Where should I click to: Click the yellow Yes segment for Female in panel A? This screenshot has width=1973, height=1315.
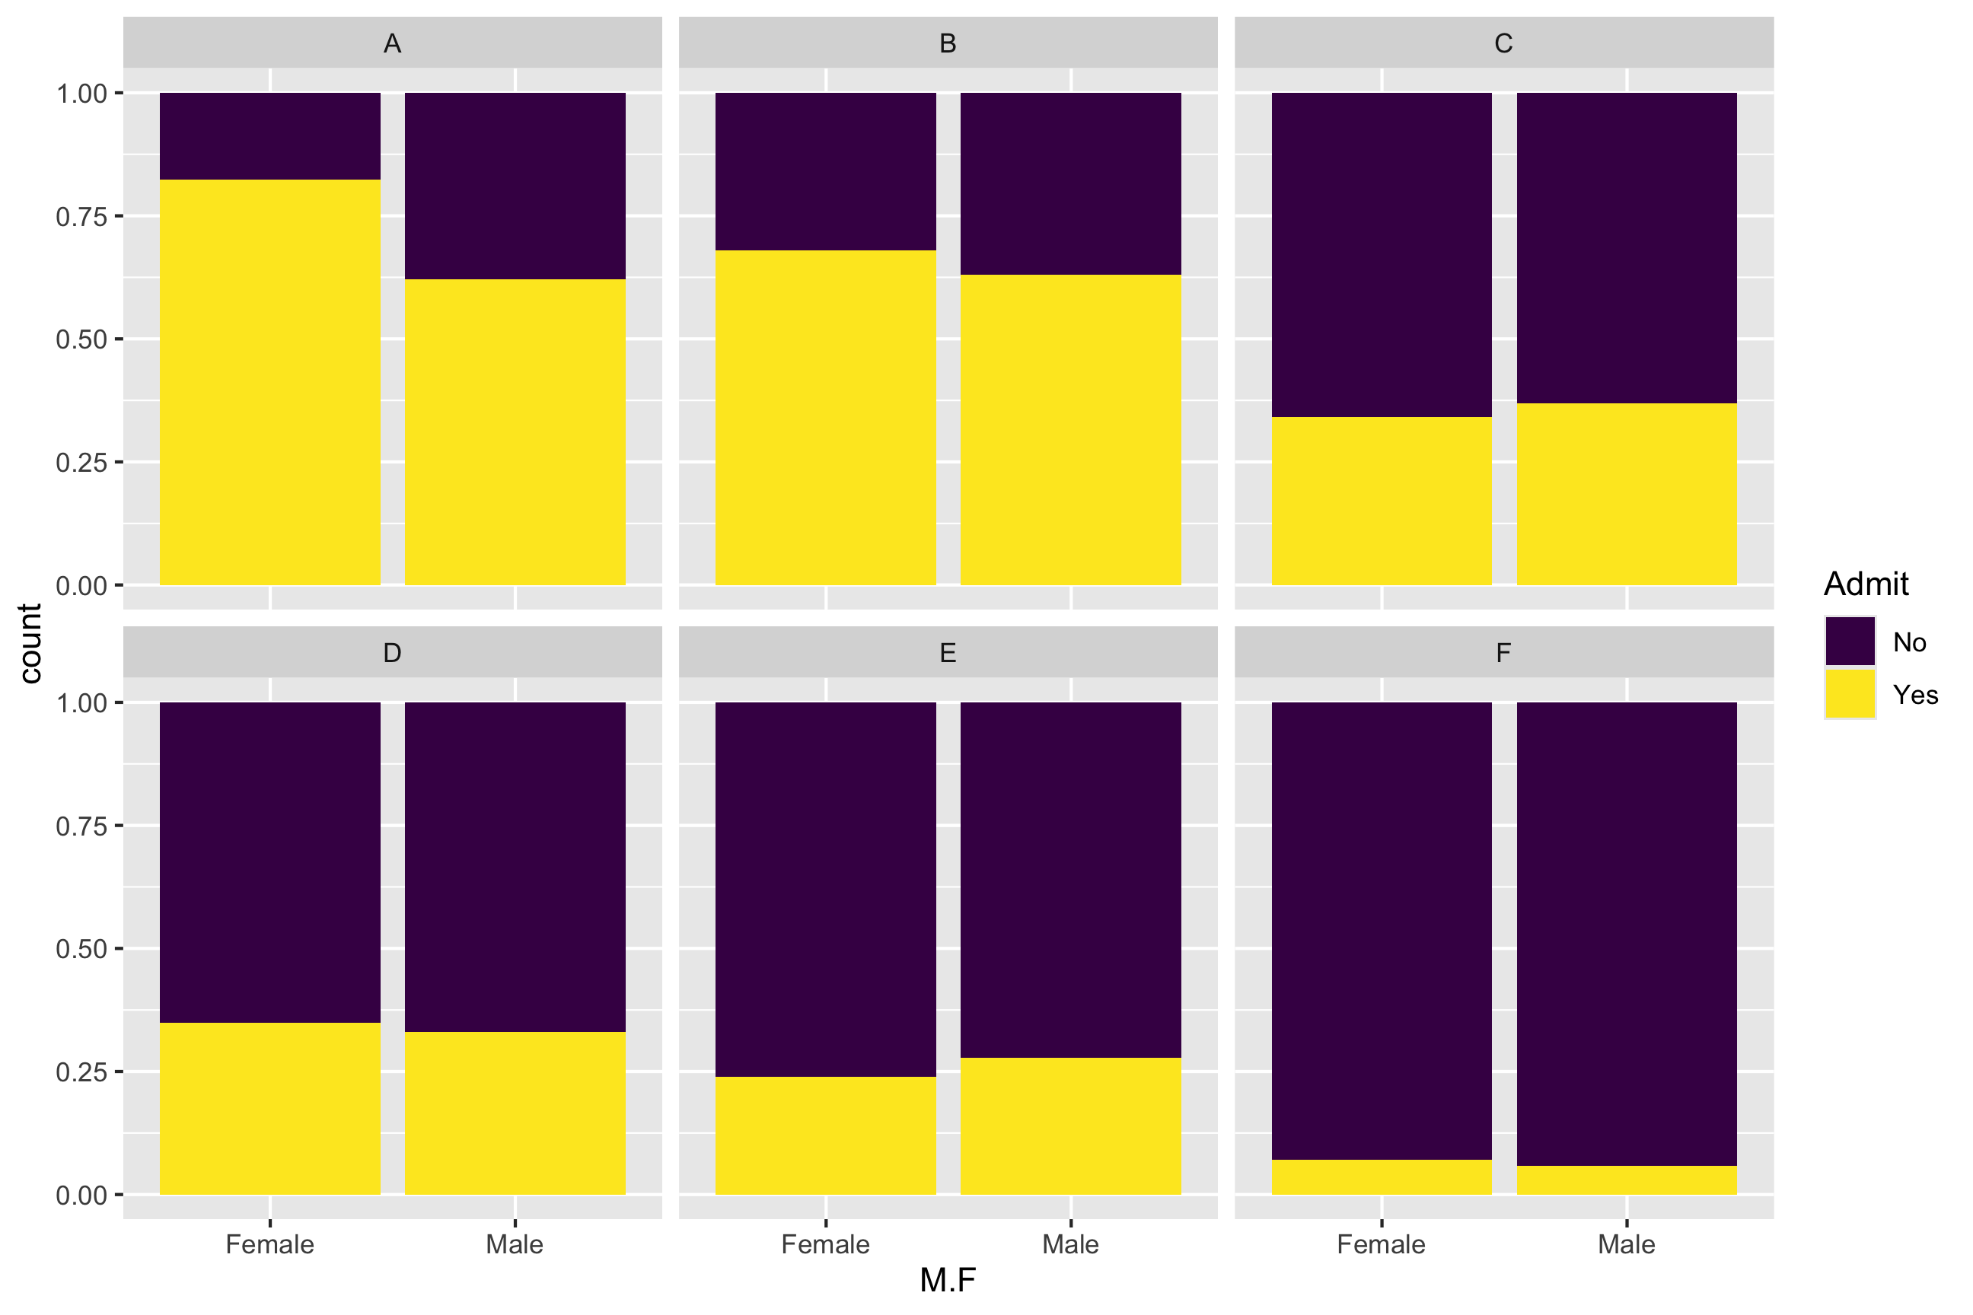(x=269, y=381)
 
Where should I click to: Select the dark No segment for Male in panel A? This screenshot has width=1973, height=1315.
(x=515, y=186)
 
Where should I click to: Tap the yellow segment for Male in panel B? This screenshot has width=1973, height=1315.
(x=1070, y=429)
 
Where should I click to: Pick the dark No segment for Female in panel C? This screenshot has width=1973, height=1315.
(x=1381, y=254)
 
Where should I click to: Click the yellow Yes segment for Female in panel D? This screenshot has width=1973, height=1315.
(x=269, y=1108)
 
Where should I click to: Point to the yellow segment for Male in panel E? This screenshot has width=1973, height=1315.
(x=1070, y=1126)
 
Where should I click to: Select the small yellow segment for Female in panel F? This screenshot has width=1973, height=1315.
(x=1381, y=1176)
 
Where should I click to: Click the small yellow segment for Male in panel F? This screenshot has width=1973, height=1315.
(x=1626, y=1180)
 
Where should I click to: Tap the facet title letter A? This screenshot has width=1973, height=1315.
(x=392, y=43)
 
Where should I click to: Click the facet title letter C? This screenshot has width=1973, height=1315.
(x=1503, y=43)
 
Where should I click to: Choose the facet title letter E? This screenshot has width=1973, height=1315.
(x=947, y=652)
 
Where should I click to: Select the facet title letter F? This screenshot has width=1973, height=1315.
(x=1503, y=652)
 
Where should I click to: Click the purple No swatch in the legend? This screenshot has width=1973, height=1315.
(x=1850, y=642)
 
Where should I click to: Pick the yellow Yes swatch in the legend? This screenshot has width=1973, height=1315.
(x=1850, y=693)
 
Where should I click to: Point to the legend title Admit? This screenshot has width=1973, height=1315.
(x=1866, y=584)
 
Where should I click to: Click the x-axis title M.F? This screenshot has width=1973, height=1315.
(x=947, y=1281)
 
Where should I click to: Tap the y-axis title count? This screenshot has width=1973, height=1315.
(x=30, y=643)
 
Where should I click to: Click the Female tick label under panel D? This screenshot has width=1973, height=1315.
(x=269, y=1243)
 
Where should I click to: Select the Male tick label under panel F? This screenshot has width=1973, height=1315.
(x=1626, y=1243)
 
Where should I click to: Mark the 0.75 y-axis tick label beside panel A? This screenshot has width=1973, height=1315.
(x=82, y=216)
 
